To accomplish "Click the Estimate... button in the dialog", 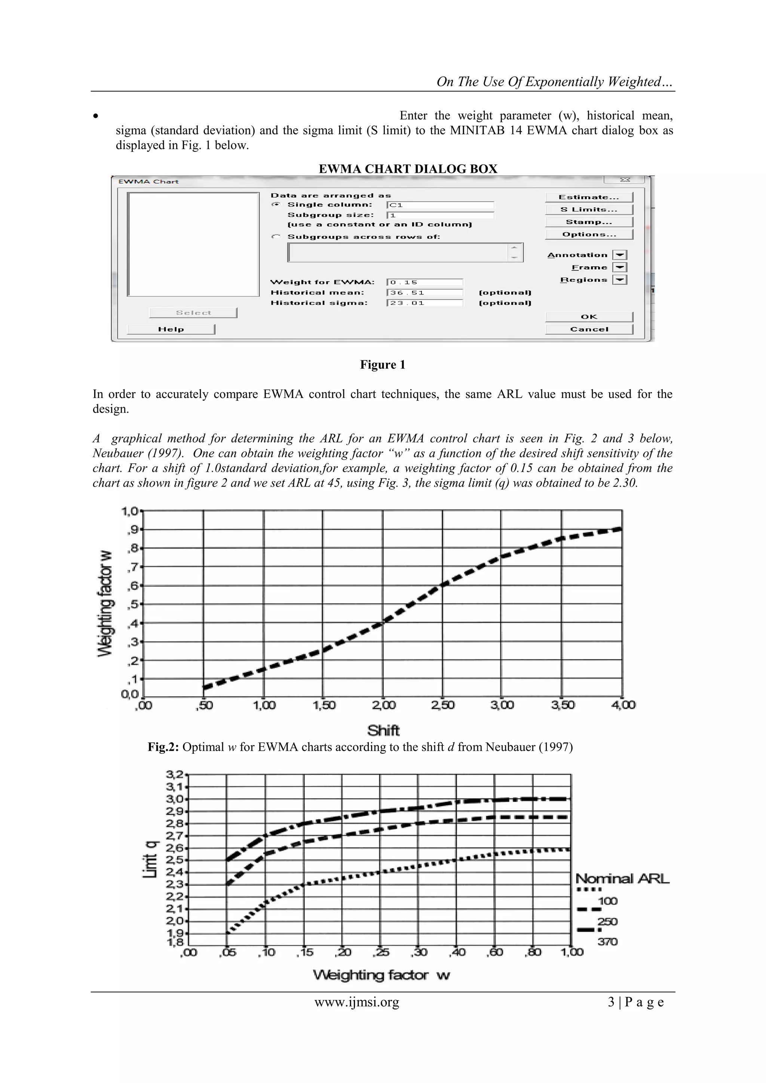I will pyautogui.click(x=589, y=197).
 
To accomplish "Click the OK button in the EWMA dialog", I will pyautogui.click(x=589, y=316).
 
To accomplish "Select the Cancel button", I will pyautogui.click(x=589, y=329).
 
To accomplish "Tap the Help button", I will pyautogui.click(x=171, y=329).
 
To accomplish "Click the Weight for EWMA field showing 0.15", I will pyautogui.click(x=425, y=282).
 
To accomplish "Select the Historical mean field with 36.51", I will pyautogui.click(x=425, y=293).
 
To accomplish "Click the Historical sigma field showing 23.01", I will pyautogui.click(x=425, y=303).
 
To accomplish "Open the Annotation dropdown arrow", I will pyautogui.click(x=619, y=255).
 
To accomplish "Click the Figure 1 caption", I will pyautogui.click(x=383, y=365).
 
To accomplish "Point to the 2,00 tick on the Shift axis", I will pyautogui.click(x=383, y=705).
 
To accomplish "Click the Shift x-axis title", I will pyautogui.click(x=383, y=730).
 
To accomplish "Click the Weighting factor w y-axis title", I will pyautogui.click(x=105, y=603).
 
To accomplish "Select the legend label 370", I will pyautogui.click(x=607, y=942).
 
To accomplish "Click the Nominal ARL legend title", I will pyautogui.click(x=622, y=878).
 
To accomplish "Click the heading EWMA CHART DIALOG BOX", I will pyautogui.click(x=408, y=169).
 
